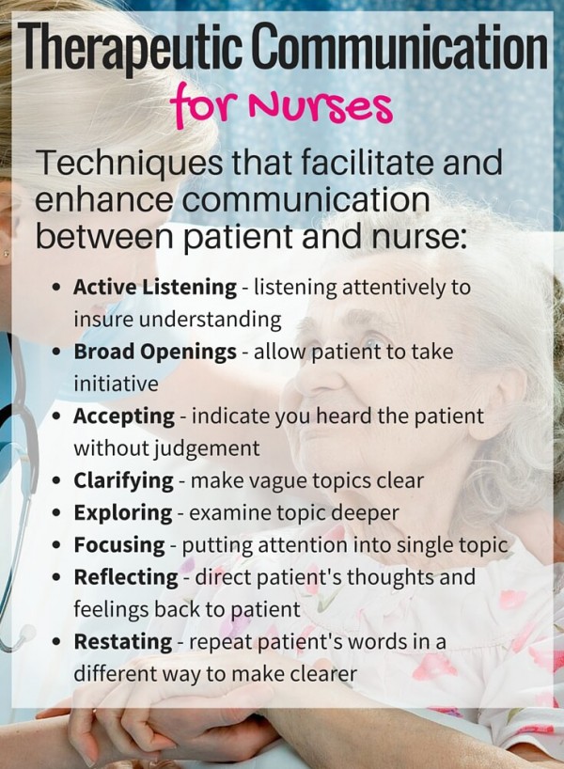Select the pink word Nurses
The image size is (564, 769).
(x=321, y=106)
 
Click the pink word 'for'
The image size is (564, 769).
(x=202, y=104)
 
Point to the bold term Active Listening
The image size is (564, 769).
(x=155, y=287)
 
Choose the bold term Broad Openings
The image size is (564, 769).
(x=155, y=352)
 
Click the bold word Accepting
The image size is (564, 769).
(x=124, y=416)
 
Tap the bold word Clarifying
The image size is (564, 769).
(x=123, y=480)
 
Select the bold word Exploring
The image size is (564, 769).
(x=123, y=513)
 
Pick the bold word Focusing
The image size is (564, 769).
(x=119, y=545)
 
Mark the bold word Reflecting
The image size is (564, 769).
(x=126, y=577)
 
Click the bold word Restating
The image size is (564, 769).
(x=123, y=641)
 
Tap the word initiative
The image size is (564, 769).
(x=116, y=384)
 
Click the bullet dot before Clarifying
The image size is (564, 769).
(x=58, y=481)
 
